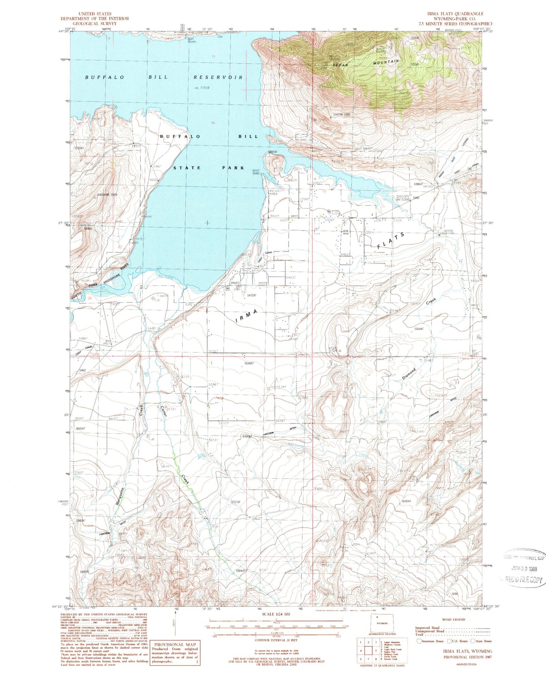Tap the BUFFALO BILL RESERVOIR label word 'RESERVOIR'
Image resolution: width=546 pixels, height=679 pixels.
coord(218,77)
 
